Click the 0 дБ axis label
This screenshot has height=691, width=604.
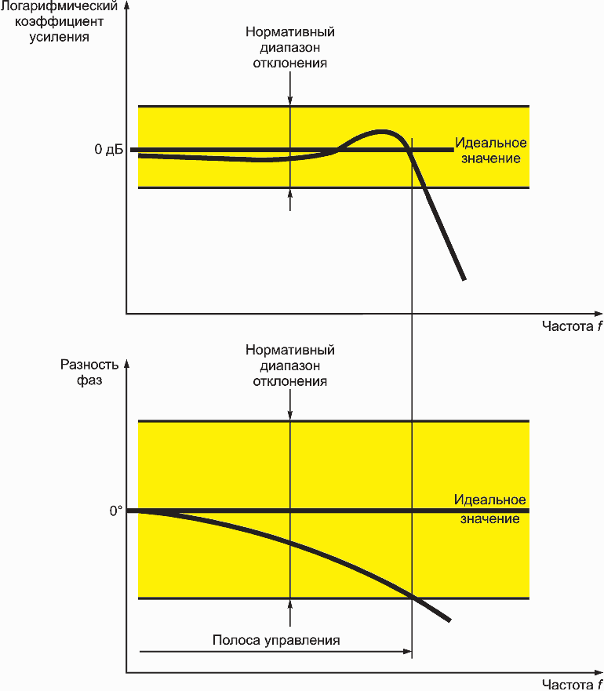click(109, 149)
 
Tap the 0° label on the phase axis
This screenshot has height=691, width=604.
click(116, 511)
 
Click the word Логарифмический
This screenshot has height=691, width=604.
click(59, 6)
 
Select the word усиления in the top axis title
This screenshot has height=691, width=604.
click(59, 37)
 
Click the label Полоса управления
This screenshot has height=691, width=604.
click(276, 640)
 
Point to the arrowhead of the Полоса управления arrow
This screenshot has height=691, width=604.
click(409, 651)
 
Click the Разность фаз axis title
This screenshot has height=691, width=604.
click(89, 373)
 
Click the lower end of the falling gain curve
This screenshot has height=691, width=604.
click(464, 279)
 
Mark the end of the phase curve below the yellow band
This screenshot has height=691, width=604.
click(449, 620)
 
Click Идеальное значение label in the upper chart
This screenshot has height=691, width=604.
click(491, 151)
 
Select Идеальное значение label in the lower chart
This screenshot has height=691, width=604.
click(489, 509)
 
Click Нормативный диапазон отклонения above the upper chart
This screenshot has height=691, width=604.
click(289, 47)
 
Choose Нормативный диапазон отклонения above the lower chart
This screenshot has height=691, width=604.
click(289, 366)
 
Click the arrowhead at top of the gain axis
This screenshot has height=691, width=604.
click(126, 5)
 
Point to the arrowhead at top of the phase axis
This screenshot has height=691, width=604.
click(126, 364)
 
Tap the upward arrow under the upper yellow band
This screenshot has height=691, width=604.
click(289, 200)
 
